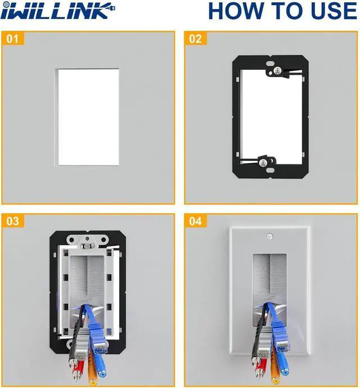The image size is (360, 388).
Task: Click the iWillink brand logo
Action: pos(57,11)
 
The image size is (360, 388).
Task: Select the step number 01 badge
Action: pos(12,38)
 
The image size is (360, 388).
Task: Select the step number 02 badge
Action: pos(196,38)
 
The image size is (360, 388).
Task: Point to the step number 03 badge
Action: pos(12,221)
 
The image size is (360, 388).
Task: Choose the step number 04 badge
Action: pos(196,221)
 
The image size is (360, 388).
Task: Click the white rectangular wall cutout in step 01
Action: pos(87,117)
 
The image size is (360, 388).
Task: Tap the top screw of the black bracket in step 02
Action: pos(277,71)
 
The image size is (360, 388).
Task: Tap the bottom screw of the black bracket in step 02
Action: pos(263,163)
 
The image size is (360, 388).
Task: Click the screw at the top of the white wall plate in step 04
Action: pos(269,237)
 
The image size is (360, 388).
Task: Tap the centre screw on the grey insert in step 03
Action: pos(87,246)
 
